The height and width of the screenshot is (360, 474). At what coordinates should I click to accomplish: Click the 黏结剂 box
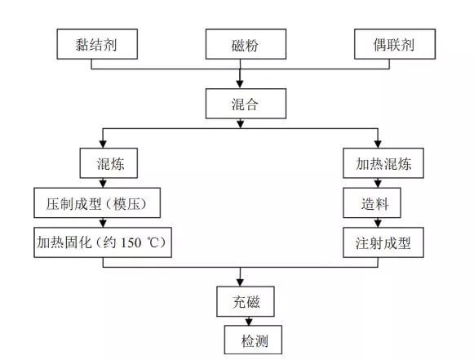pyautogui.click(x=97, y=44)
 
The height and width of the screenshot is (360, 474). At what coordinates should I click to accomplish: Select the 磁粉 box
pyautogui.click(x=246, y=44)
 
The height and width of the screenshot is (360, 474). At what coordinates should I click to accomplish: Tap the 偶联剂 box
pyautogui.click(x=395, y=44)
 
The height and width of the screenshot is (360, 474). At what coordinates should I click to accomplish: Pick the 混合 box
pyautogui.click(x=246, y=104)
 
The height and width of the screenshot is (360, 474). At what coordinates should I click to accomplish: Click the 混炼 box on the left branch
pyautogui.click(x=109, y=163)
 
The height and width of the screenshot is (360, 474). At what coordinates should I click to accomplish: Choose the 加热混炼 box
pyautogui.click(x=383, y=163)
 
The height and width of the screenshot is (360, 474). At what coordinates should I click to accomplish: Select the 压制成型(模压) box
pyautogui.click(x=97, y=202)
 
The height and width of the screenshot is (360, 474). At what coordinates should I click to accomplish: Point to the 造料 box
pyautogui.click(x=372, y=202)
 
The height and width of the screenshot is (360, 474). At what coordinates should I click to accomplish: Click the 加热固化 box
pyautogui.click(x=103, y=242)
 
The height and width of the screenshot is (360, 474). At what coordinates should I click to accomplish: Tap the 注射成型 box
pyautogui.click(x=383, y=242)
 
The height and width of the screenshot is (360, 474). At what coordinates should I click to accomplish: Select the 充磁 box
pyautogui.click(x=246, y=301)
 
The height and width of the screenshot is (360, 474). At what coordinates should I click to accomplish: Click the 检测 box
pyautogui.click(x=253, y=340)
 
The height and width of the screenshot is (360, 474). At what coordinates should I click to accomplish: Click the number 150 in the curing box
pyautogui.click(x=131, y=243)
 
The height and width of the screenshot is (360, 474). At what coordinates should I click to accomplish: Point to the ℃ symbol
pyautogui.click(x=153, y=242)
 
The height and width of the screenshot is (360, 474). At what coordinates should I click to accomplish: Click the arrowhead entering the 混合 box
pyautogui.click(x=240, y=84)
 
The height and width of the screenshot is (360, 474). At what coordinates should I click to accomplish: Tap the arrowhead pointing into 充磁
pyautogui.click(x=240, y=282)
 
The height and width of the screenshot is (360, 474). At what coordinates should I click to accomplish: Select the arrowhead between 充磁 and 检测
pyautogui.click(x=249, y=322)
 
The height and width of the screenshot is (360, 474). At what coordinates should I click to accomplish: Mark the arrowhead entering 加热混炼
pyautogui.click(x=378, y=144)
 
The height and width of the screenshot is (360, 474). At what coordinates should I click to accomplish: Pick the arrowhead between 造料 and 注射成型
pyautogui.click(x=378, y=223)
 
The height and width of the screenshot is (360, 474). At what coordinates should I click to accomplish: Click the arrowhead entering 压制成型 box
pyautogui.click(x=103, y=184)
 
